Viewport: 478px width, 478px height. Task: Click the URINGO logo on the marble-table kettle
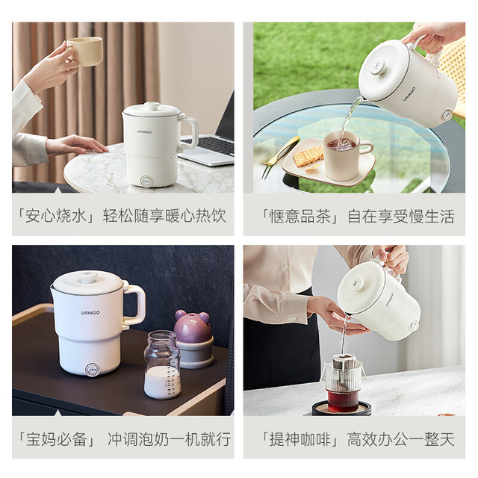[x=144, y=132]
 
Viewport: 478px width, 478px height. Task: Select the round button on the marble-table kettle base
[x=146, y=181]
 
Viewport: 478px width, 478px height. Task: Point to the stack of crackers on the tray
[x=308, y=155]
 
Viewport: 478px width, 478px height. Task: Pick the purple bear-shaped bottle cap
[x=192, y=326]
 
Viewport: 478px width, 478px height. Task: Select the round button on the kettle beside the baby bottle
[x=91, y=370]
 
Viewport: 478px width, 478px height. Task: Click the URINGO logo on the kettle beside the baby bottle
[x=90, y=312]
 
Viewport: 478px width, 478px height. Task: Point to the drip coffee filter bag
[x=343, y=371]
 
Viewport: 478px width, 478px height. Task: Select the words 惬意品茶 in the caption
[x=300, y=217]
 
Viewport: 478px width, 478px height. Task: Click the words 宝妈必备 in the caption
[x=57, y=439]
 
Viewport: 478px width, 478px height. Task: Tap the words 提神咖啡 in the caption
[x=300, y=439]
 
